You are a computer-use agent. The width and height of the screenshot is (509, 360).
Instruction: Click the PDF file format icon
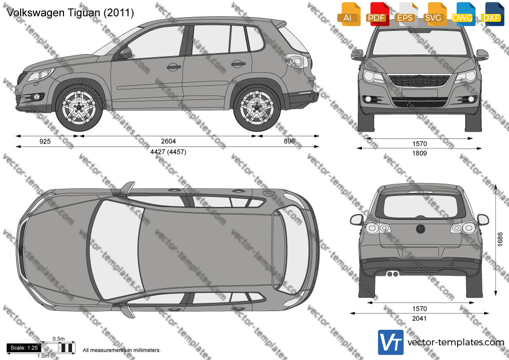click(x=376, y=14)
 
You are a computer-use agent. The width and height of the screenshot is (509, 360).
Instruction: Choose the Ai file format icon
click(x=348, y=14)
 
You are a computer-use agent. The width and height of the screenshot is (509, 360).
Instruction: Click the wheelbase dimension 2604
click(x=168, y=141)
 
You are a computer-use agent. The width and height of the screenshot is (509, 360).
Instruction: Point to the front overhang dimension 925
click(x=45, y=141)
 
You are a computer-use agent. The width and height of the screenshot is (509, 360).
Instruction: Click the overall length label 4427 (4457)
click(x=168, y=152)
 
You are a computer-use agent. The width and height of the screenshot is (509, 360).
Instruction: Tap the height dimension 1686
click(x=500, y=239)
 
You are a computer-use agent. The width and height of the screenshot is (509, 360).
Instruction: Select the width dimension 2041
click(x=419, y=319)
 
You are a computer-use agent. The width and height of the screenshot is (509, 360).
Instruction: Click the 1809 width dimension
click(x=419, y=153)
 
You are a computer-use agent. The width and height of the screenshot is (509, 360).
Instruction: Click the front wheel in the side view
click(x=79, y=107)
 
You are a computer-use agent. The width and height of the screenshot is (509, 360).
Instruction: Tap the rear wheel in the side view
click(x=257, y=107)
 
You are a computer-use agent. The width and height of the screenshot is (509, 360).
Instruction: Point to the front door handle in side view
click(x=174, y=67)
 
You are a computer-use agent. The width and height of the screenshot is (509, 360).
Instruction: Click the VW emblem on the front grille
click(x=419, y=81)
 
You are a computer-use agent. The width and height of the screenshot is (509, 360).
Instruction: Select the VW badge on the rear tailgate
click(x=420, y=229)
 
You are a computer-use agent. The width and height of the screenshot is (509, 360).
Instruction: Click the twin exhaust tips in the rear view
click(x=393, y=274)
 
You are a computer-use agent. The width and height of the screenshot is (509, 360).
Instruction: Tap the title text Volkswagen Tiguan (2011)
click(x=70, y=13)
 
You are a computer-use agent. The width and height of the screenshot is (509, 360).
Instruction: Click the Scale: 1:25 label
click(x=24, y=348)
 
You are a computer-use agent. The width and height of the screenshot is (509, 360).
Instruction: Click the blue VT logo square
click(x=391, y=342)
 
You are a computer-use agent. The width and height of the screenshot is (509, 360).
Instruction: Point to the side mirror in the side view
click(x=125, y=53)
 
